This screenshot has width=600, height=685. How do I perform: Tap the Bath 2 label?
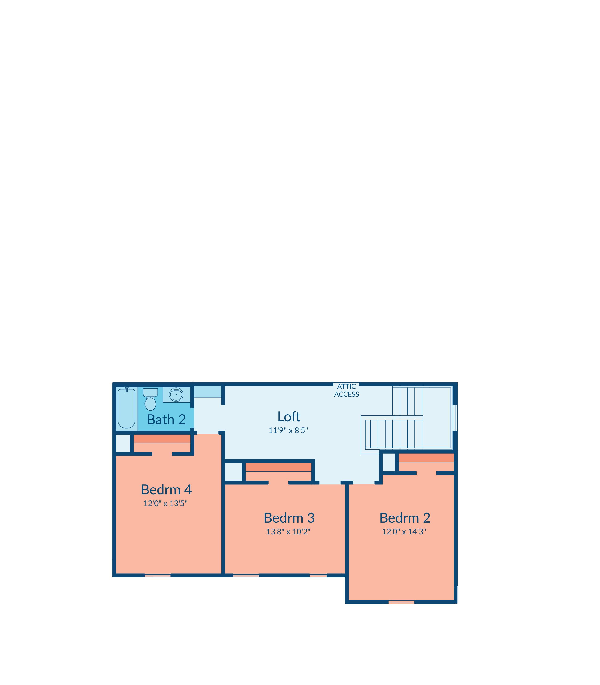pos(166,419)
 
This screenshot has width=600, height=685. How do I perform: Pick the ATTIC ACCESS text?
pos(347,390)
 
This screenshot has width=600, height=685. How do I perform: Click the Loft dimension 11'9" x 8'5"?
pos(288,431)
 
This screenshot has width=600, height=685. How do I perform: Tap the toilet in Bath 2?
pos(150,399)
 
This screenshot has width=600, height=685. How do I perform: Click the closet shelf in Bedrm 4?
pos(162,439)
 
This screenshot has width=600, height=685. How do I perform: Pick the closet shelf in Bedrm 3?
pos(279,467)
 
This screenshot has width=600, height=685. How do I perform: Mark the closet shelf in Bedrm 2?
pos(426,458)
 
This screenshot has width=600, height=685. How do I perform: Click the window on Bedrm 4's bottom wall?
pos(158,576)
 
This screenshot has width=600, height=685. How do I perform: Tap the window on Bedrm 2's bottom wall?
pos(401,602)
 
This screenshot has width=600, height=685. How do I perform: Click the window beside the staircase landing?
pos(455,418)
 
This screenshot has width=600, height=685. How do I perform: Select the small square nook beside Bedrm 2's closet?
pos(389,463)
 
